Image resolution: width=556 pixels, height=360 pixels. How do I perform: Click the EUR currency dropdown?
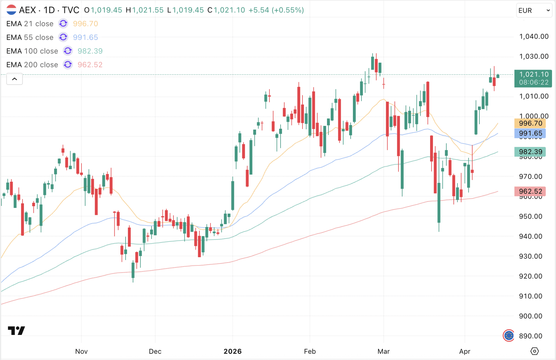point(534,11)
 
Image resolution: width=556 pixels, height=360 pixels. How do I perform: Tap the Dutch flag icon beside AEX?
point(11,10)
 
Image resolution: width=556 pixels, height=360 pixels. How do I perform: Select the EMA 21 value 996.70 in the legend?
point(85,24)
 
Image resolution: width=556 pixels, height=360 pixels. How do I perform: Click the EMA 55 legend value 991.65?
point(85,37)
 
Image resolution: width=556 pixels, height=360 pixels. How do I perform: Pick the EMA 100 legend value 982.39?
point(90,51)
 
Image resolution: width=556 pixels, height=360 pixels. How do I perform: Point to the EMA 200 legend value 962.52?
point(90,65)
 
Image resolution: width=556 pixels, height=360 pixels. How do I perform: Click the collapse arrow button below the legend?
point(14,79)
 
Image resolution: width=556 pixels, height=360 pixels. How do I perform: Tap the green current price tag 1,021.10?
point(533,78)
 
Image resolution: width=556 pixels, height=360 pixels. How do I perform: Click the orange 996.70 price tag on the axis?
point(530,124)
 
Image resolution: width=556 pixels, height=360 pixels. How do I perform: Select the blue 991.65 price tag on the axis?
point(530,133)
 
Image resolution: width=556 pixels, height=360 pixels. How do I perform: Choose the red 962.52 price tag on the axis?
point(530,191)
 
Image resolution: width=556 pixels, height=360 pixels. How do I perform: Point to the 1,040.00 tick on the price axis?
point(534,37)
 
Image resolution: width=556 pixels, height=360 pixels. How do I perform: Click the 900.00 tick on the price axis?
point(530,316)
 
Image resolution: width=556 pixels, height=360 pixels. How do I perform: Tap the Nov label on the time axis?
point(81,351)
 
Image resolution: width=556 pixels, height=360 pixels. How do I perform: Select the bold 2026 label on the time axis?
point(232,351)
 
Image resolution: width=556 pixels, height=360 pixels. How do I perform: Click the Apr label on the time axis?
point(464,351)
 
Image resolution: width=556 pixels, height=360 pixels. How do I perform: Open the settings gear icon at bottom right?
point(534,351)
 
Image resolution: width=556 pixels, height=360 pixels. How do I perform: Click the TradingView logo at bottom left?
point(16,331)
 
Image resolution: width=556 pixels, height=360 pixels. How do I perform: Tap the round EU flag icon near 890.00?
point(508,336)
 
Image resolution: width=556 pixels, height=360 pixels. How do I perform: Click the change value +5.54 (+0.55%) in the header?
point(276,10)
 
